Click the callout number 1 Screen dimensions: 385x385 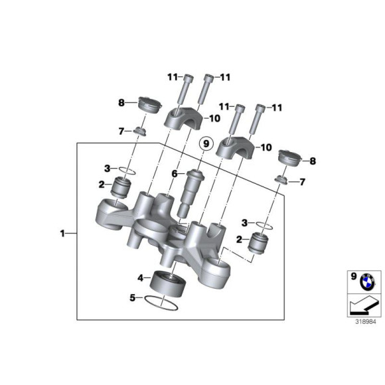(x=63, y=233)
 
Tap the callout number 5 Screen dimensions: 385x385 (x=133, y=299)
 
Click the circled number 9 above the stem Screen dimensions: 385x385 (x=206, y=143)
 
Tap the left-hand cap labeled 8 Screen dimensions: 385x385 (x=149, y=105)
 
